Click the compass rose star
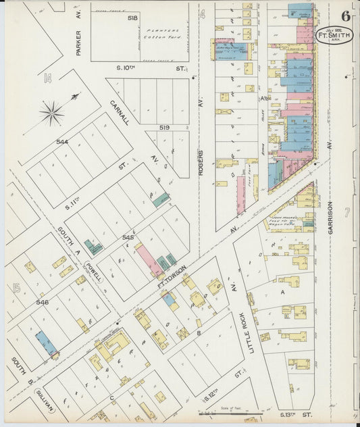pos(52,113)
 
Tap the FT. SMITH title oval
pos(332,34)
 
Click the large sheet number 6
pos(345,16)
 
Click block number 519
pos(164,127)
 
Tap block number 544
pos(62,143)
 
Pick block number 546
pos(43,302)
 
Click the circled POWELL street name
pos(94,266)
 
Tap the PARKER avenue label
pos(78,42)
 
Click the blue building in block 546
pos(46,343)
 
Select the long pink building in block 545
pos(149,261)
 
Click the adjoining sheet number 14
pos(47,79)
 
